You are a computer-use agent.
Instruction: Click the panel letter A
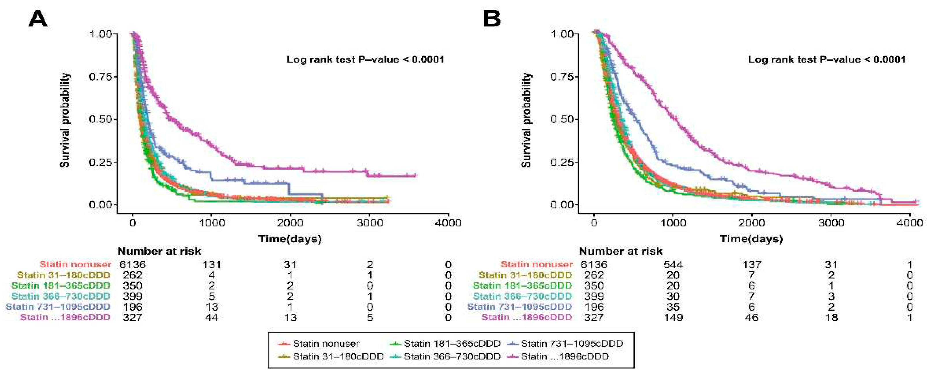tap(37, 19)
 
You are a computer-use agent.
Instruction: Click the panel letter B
tap(492, 19)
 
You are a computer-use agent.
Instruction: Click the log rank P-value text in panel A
tap(365, 59)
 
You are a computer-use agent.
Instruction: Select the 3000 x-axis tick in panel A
tap(370, 223)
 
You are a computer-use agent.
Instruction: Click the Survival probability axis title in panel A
tap(65, 120)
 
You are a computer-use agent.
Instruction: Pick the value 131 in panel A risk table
tap(212, 265)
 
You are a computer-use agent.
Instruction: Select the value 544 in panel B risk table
tap(673, 265)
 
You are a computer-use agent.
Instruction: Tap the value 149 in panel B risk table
tap(673, 317)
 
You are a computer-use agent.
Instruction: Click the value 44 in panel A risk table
tap(212, 317)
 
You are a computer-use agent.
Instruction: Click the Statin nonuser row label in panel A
tap(75, 265)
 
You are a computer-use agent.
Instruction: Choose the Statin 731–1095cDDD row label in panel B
tap(519, 307)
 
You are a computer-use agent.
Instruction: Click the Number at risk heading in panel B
tap(620, 251)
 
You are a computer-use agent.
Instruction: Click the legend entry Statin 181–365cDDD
tap(452, 344)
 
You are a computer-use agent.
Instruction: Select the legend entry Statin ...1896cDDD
tap(564, 357)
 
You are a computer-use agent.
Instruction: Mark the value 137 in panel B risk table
tap(752, 265)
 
